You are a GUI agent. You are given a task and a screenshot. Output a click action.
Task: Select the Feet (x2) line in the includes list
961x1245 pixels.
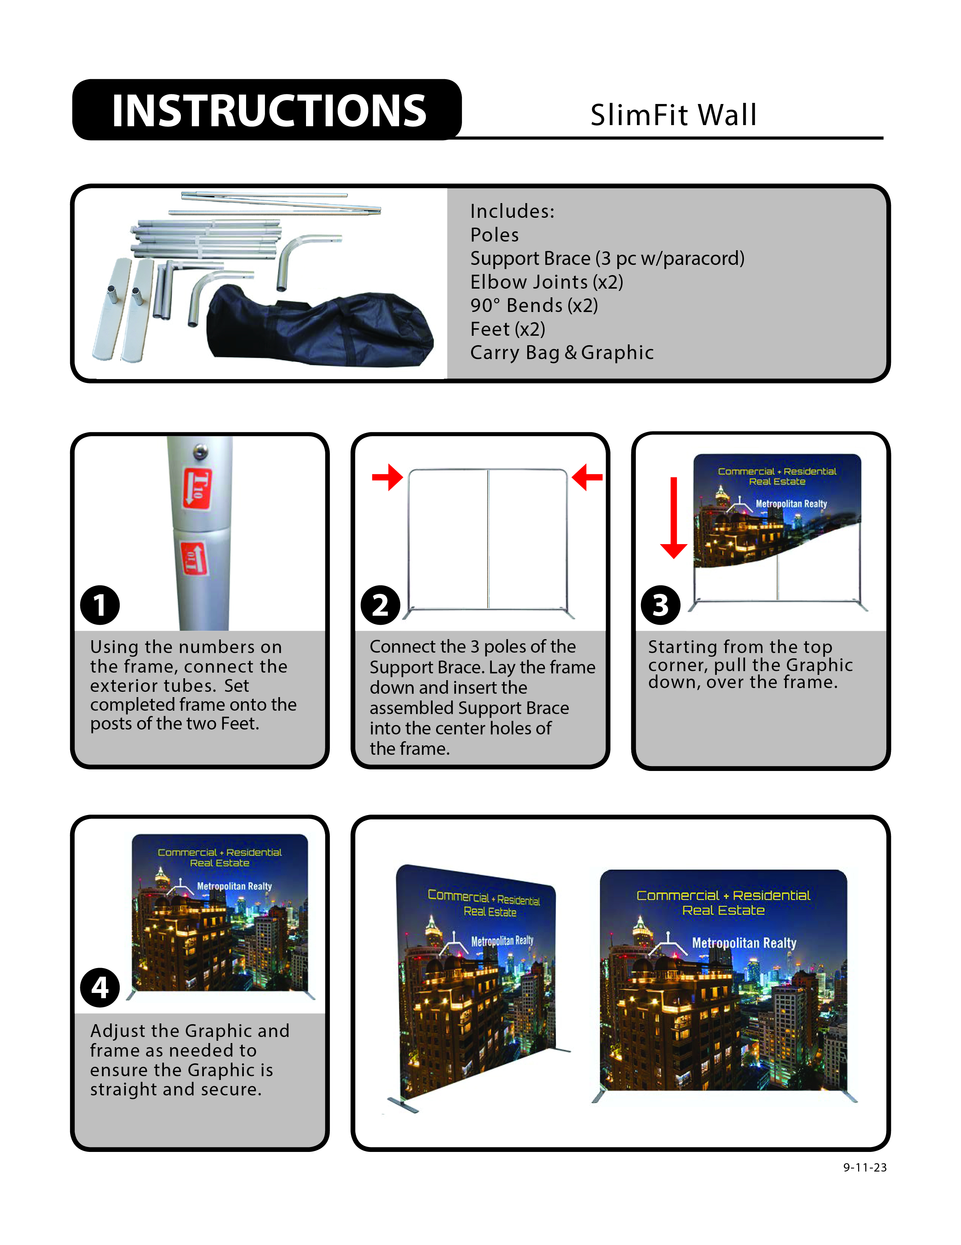(507, 329)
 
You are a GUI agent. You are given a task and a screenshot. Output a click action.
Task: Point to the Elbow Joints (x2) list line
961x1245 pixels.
(546, 281)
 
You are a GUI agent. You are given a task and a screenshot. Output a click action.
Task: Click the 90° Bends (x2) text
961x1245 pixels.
(534, 306)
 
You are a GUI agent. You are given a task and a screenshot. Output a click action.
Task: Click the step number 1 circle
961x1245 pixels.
(100, 605)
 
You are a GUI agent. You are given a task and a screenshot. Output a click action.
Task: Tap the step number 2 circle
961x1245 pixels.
(380, 605)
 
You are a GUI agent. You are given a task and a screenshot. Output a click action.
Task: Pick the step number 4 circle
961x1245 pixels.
(100, 987)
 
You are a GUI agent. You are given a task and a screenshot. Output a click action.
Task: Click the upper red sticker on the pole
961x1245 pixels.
(197, 488)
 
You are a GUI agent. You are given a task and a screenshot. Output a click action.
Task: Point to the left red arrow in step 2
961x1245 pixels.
(387, 477)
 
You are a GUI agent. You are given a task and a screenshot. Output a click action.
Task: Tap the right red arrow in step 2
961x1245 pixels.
(587, 477)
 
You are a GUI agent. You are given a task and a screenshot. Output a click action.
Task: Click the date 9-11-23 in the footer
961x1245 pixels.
(864, 1167)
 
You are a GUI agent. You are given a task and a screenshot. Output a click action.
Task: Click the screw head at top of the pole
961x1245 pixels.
(199, 451)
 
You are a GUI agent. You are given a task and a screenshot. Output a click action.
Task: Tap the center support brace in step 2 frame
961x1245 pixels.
(488, 539)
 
